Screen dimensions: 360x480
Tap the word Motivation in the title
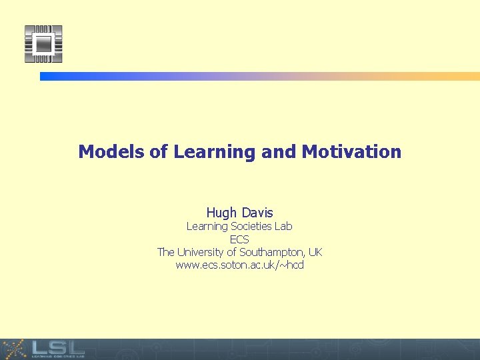[351, 152]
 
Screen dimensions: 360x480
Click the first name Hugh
[221, 213]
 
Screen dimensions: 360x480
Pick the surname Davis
[257, 213]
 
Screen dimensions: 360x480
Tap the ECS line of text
[239, 239]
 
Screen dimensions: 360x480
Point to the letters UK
[315, 252]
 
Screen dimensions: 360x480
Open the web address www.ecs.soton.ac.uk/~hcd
[239, 265]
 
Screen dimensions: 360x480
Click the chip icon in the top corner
[43, 44]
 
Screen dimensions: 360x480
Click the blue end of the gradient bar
[50, 77]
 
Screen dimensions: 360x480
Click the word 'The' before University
[166, 252]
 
